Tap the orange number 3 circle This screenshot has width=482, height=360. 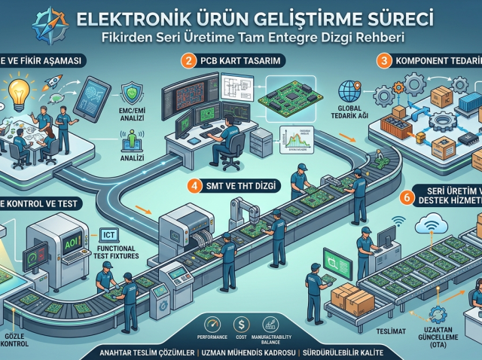pos(385,59)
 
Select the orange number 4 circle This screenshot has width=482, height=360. pos(194,184)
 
